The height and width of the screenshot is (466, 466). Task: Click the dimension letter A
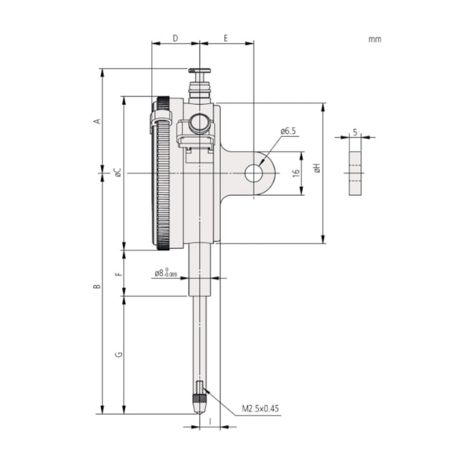[x=98, y=121]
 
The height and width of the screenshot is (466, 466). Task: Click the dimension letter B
[x=98, y=287]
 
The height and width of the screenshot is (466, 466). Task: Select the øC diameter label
[x=118, y=172]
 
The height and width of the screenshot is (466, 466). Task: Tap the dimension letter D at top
[x=175, y=39]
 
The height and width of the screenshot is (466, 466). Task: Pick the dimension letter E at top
[x=226, y=39]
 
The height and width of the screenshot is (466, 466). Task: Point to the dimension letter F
[x=118, y=273]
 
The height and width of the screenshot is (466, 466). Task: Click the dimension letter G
[x=118, y=354]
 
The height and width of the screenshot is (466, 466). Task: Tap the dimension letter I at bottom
[x=209, y=422]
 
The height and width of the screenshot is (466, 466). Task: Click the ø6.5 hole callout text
[x=287, y=132]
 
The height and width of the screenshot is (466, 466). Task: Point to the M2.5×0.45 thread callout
[x=260, y=409]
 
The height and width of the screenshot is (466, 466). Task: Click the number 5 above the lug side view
[x=355, y=132]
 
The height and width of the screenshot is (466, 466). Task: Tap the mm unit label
[x=374, y=39]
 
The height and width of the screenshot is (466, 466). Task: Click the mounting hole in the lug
[x=254, y=172]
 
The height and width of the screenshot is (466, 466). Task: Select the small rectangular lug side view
[x=355, y=172]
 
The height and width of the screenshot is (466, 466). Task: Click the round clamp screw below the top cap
[x=199, y=123]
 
